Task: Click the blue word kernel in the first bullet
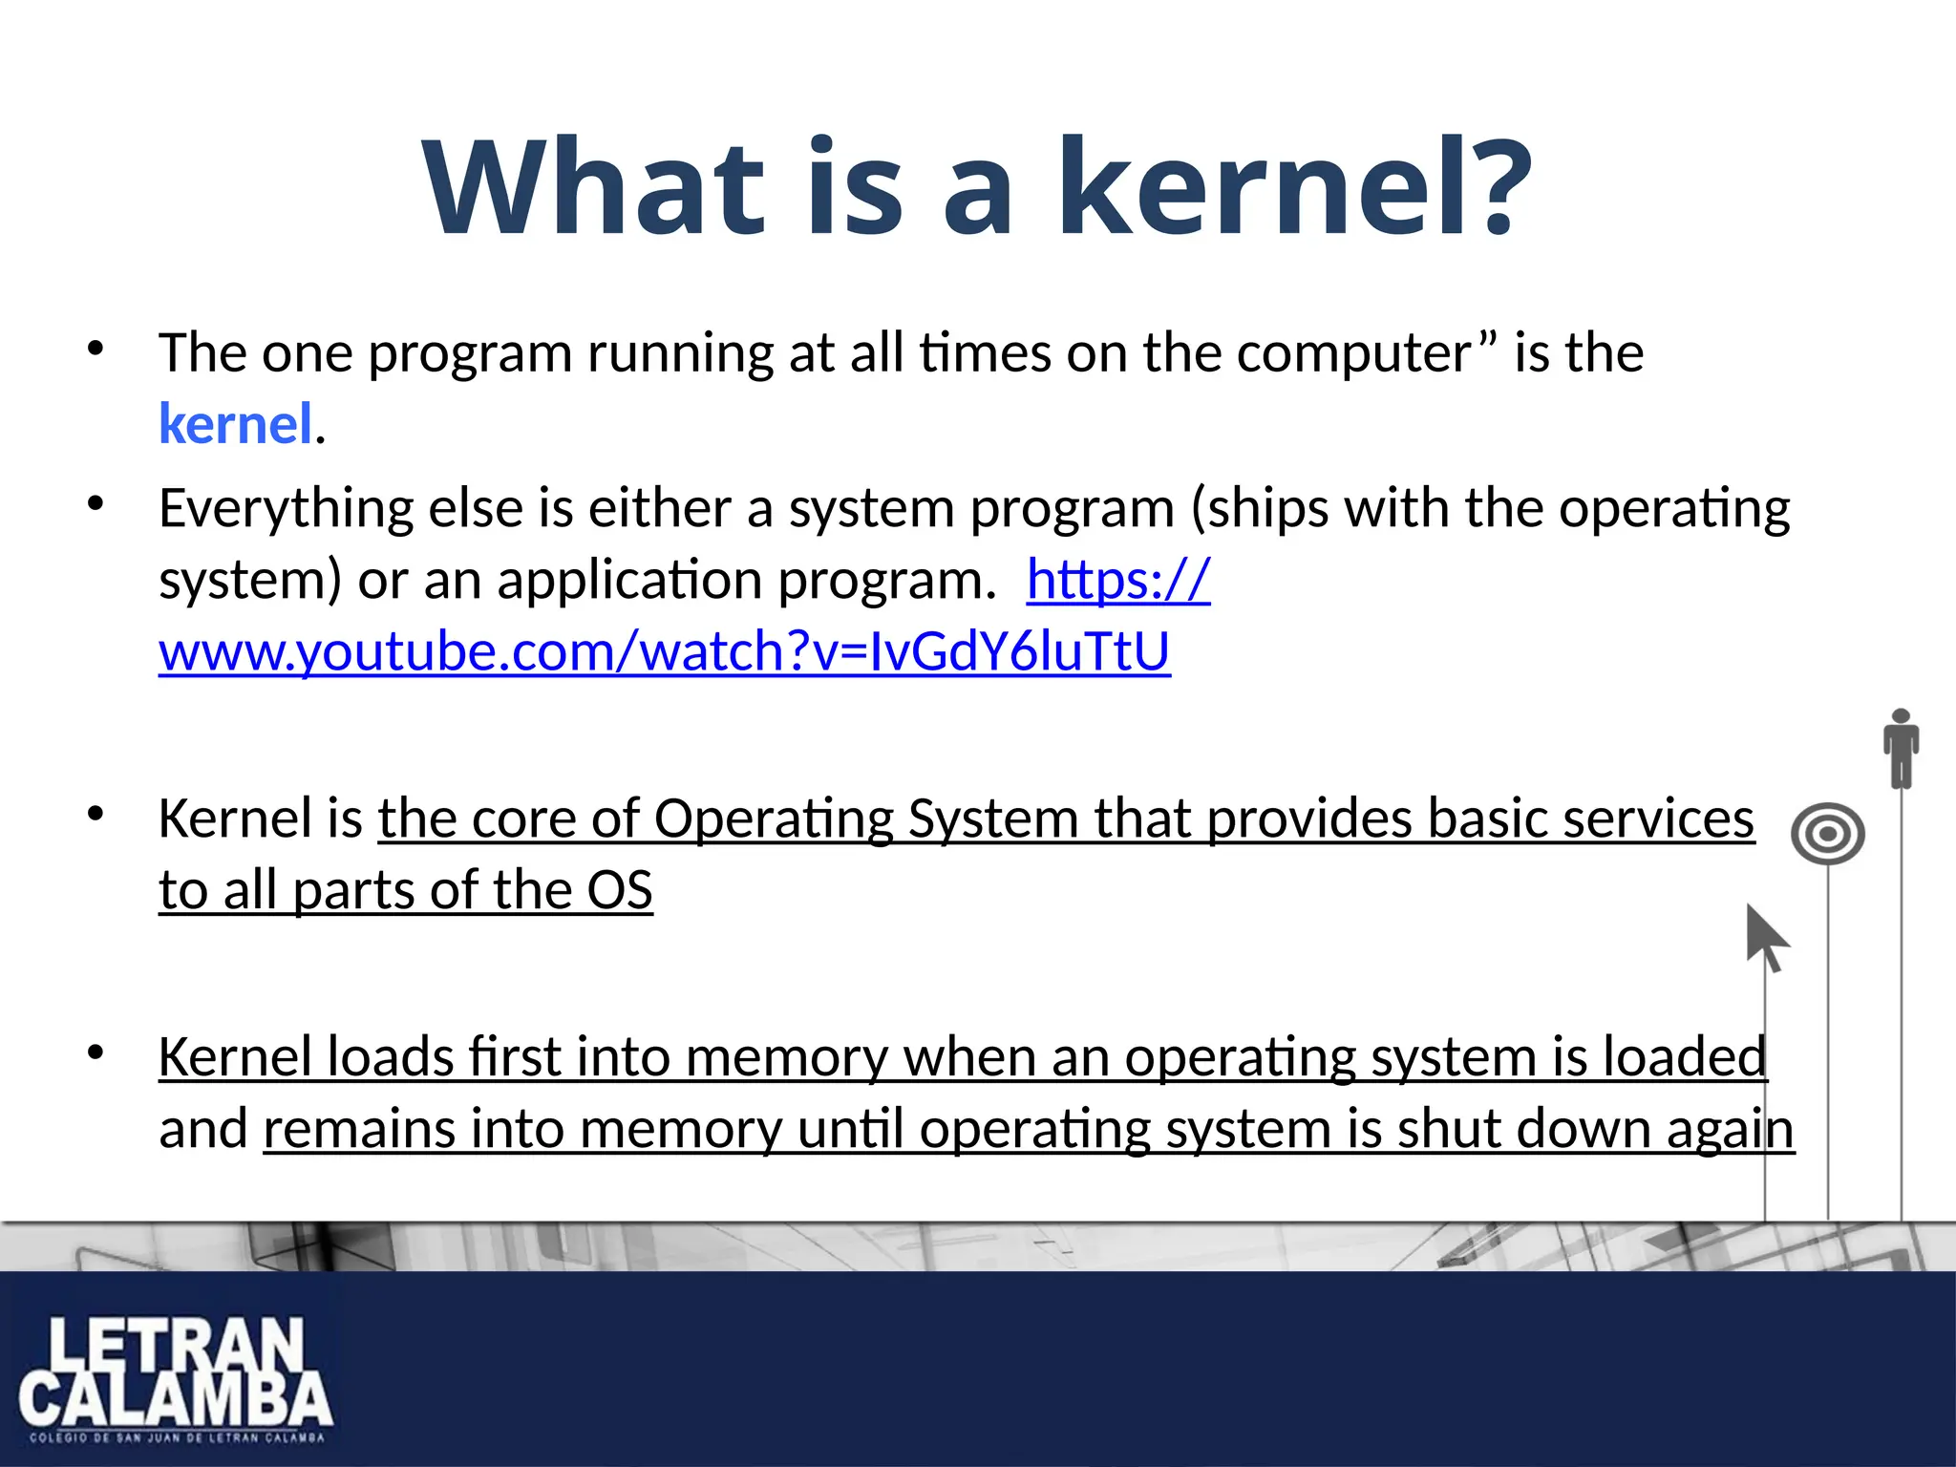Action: click(235, 424)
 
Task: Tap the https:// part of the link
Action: click(1118, 580)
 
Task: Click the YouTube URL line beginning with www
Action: click(664, 652)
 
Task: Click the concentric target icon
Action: click(1828, 834)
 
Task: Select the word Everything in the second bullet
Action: click(286, 508)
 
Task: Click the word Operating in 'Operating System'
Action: click(773, 819)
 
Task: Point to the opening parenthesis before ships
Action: click(1200, 508)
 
